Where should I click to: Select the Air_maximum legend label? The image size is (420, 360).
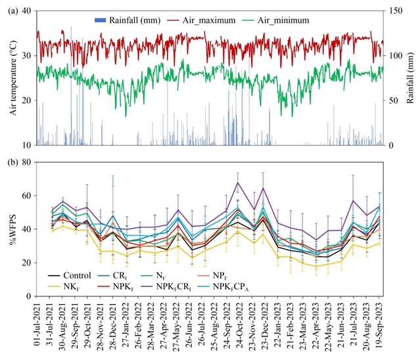pos(210,21)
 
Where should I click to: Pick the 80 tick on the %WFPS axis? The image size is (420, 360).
pos(26,162)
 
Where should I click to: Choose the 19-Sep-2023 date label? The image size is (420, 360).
pos(379,325)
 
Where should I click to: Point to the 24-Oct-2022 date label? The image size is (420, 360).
pos(238,325)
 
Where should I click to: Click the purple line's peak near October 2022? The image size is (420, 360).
pos(238,183)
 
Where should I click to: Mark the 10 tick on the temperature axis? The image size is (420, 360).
pos(26,145)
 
